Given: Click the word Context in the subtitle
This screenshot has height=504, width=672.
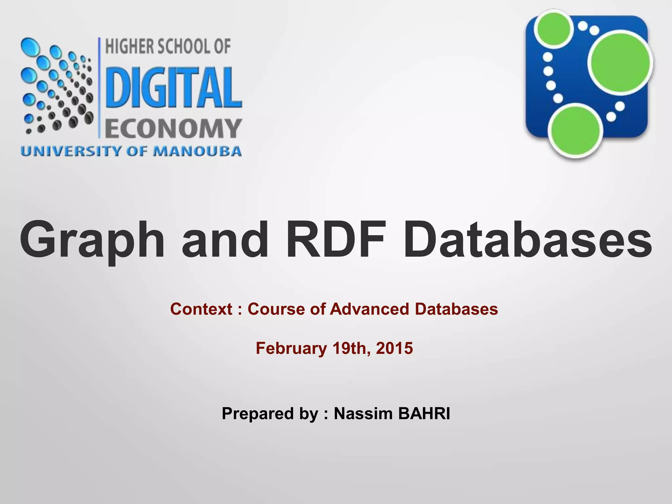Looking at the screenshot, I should pos(201,309).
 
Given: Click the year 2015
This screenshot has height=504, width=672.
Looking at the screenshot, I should pos(394,348).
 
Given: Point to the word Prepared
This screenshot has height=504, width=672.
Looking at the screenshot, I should pos(258,413).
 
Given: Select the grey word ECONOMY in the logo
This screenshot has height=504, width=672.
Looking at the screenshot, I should pos(173,129).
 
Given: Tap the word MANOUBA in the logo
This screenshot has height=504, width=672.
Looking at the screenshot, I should pos(198,152).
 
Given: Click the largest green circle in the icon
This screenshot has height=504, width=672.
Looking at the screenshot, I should pos(619,62).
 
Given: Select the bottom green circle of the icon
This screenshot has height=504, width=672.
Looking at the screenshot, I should pos(576,131).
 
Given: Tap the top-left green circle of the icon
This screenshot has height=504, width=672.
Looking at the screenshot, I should pos(554,29).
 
